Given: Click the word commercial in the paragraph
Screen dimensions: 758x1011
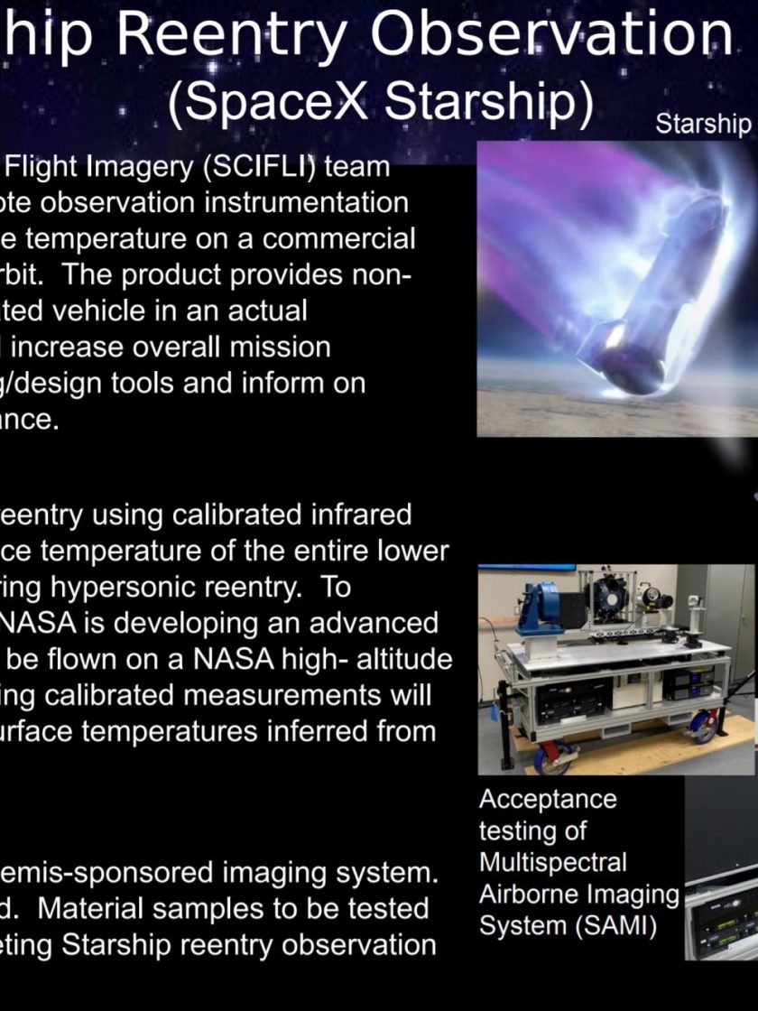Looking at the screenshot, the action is (x=338, y=239).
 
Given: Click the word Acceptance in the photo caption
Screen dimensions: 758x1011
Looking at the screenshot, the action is (x=548, y=800).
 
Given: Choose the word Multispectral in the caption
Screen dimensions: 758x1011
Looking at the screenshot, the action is (x=552, y=862).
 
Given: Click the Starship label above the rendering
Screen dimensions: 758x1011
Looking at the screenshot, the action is (x=703, y=123).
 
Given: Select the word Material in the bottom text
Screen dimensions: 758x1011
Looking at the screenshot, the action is (x=85, y=908).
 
